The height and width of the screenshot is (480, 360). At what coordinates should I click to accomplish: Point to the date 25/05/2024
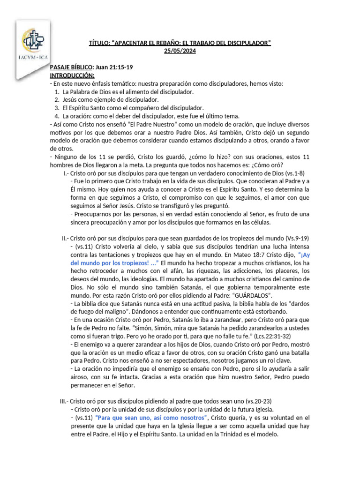click(x=180, y=51)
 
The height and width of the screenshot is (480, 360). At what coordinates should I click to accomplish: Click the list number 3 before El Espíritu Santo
click(x=56, y=107)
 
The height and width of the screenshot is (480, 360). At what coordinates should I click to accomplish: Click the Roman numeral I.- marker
click(x=66, y=173)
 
